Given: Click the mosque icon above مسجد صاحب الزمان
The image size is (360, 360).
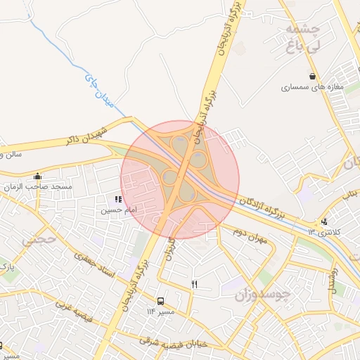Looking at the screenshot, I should (x=37, y=176).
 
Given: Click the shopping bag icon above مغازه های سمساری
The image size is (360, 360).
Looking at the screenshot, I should (x=311, y=77).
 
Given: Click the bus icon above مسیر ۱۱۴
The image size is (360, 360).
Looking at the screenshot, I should (x=160, y=300).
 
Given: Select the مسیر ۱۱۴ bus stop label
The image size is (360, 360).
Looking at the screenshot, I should (x=160, y=311).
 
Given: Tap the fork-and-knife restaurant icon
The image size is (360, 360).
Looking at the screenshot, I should (x=195, y=284).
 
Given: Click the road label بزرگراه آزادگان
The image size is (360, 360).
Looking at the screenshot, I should (x=270, y=208).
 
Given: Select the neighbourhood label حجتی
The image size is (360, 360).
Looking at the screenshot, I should (x=34, y=239).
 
